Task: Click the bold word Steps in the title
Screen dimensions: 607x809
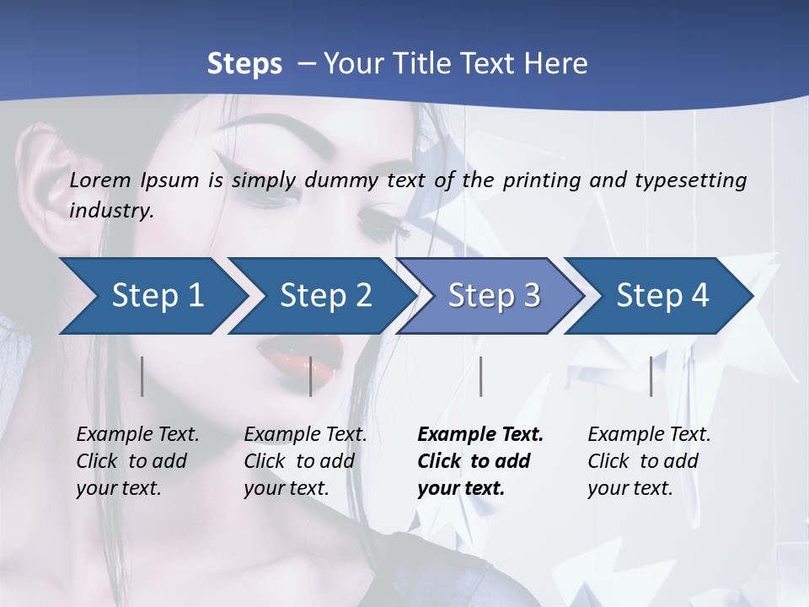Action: tap(244, 63)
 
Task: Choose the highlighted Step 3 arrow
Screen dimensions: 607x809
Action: tap(494, 296)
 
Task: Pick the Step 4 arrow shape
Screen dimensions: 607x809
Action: tap(662, 296)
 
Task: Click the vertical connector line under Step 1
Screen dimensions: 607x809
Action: tap(142, 376)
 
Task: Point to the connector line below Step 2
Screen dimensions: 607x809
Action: tap(311, 376)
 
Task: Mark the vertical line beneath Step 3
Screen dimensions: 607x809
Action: tap(480, 376)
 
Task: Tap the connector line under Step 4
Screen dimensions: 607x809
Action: tap(651, 376)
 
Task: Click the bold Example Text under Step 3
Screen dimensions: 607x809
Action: tap(480, 435)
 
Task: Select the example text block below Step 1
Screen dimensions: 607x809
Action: tap(137, 461)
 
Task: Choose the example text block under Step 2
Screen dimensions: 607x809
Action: tap(305, 461)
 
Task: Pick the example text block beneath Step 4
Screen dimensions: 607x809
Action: tap(649, 461)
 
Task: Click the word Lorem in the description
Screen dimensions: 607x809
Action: tap(100, 180)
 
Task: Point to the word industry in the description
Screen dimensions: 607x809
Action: tap(111, 211)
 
